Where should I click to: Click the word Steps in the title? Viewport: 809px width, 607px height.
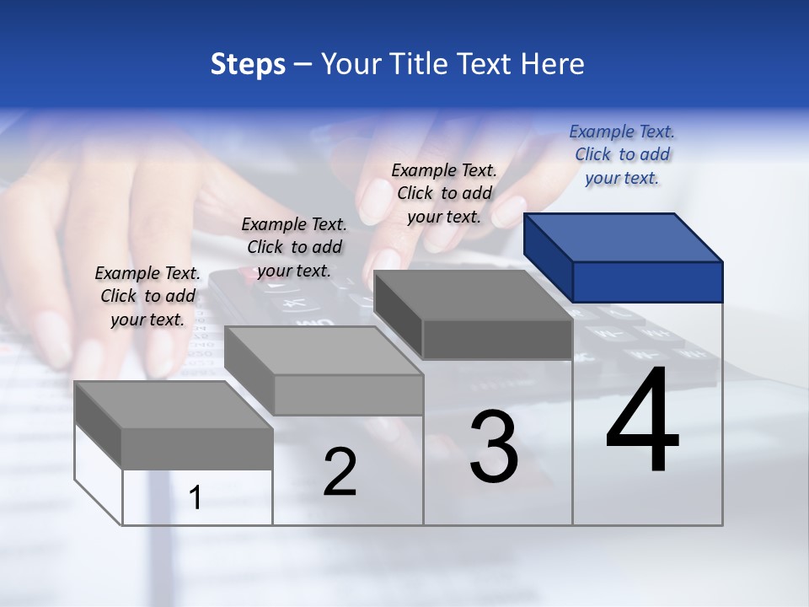tap(248, 64)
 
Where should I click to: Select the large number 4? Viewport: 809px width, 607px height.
tap(642, 422)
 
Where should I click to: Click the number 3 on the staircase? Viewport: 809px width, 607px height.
tap(494, 447)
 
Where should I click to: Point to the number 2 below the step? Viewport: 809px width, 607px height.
tap(340, 472)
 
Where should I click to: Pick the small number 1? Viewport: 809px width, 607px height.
tap(196, 498)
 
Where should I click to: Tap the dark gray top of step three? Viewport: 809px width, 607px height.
tap(472, 295)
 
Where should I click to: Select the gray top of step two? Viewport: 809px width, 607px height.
tap(324, 350)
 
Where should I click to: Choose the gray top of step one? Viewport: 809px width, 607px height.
tap(173, 405)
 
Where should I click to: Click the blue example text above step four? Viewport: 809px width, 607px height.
tap(622, 154)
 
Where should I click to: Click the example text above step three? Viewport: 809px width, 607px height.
tap(444, 193)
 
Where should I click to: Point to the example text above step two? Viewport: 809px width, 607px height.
tap(294, 247)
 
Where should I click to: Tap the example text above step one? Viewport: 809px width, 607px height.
tap(147, 296)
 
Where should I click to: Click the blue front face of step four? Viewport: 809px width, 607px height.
tap(647, 282)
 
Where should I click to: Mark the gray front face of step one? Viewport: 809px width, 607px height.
tap(196, 449)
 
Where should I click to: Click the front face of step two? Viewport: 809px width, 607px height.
tap(348, 395)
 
